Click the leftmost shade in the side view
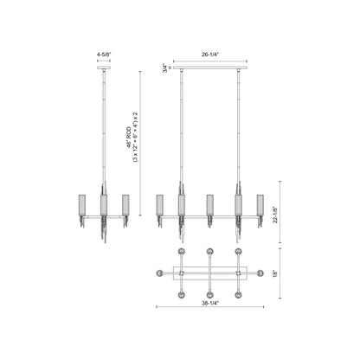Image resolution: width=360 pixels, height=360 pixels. click(86, 205)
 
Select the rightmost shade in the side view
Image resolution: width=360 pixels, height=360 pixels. click(125, 205)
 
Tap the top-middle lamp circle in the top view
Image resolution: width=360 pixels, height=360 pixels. click(209, 252)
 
